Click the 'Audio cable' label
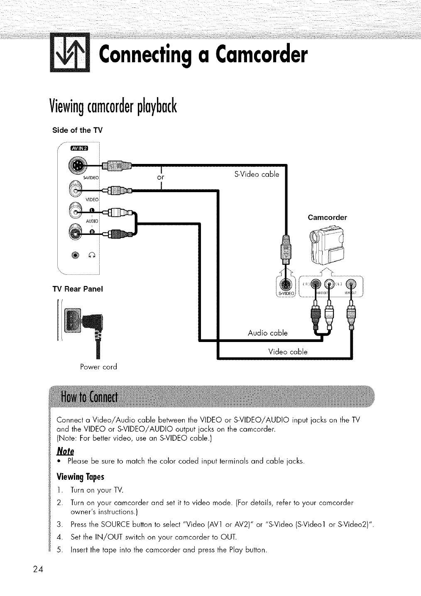click(267, 333)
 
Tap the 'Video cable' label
click(288, 352)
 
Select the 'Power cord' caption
click(98, 367)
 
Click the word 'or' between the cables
click(161, 177)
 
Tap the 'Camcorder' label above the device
click(327, 217)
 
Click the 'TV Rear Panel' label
click(77, 289)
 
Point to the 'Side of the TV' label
click(77, 130)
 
